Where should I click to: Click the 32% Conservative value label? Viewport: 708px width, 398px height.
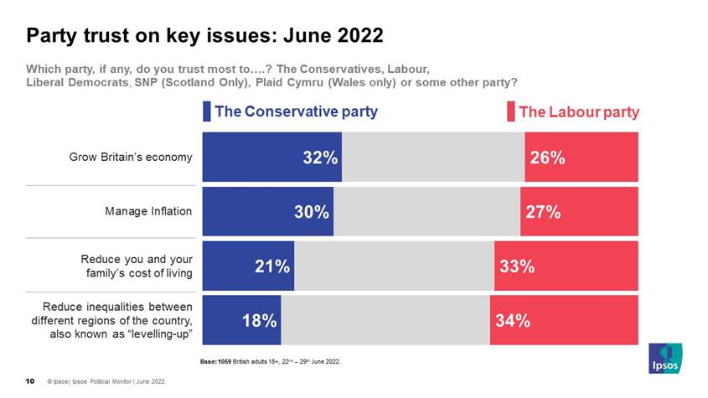point(320,158)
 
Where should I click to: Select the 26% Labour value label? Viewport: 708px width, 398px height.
point(547,158)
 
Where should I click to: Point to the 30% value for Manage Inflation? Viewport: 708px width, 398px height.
point(311,212)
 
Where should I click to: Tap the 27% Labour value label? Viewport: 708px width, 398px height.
point(543,212)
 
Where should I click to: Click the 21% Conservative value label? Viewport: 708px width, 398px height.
point(272,266)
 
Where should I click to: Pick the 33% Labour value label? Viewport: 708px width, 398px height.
point(517,266)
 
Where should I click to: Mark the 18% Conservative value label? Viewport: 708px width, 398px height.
point(259,320)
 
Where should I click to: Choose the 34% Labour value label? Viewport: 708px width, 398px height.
point(512,320)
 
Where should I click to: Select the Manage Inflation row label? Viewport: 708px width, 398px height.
point(148,211)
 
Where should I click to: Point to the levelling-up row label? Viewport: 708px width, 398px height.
point(112,320)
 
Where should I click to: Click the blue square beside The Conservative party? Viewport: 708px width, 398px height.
point(207,111)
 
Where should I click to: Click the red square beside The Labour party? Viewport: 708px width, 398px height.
point(510,111)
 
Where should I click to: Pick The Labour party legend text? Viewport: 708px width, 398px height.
point(579,111)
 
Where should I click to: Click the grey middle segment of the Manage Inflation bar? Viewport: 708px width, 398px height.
point(426,212)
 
